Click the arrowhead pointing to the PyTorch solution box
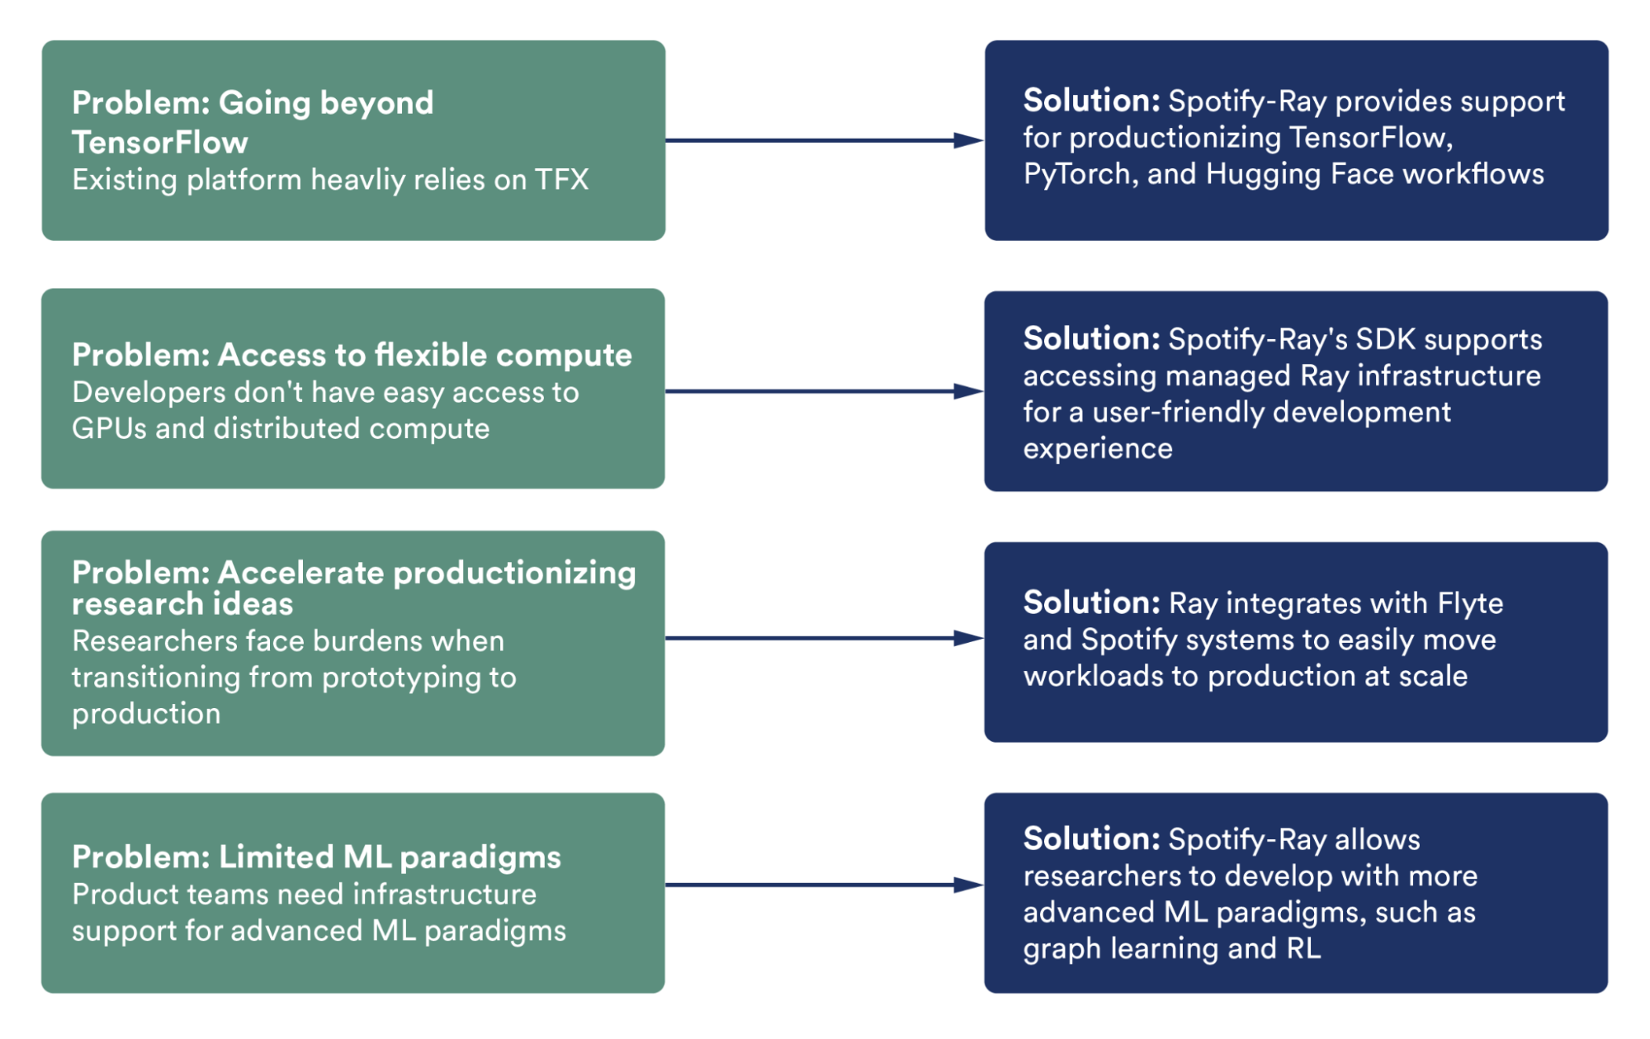[968, 140]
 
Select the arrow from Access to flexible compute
[825, 391]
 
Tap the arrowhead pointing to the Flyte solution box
[968, 638]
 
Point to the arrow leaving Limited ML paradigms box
[825, 885]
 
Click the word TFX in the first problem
[561, 180]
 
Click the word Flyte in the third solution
[1470, 603]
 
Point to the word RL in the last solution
[1303, 948]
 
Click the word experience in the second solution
[1098, 449]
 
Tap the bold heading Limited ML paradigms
[390, 857]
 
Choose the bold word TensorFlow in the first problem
[160, 143]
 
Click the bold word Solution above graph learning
[1092, 838]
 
